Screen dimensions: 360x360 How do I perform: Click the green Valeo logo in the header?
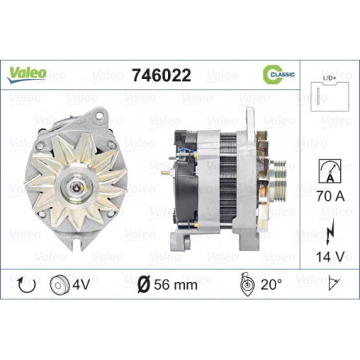26,74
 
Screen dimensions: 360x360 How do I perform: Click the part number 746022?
162,75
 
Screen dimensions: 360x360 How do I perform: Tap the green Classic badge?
279,74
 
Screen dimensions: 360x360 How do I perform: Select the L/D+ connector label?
330,78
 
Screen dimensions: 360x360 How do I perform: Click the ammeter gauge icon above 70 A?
330,171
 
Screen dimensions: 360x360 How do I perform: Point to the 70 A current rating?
331,196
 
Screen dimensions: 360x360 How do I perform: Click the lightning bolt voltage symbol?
330,232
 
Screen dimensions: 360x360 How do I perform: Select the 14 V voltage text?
330,256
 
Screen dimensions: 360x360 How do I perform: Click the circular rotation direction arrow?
26,285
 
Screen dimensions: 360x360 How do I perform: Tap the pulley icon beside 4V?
59,285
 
